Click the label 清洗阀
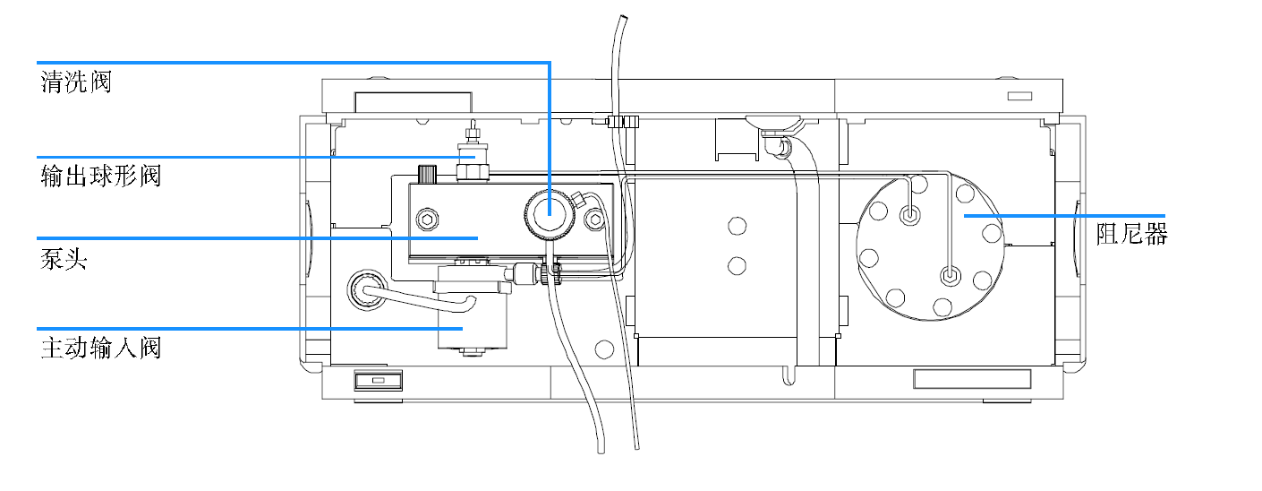(76, 83)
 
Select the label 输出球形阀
(100, 175)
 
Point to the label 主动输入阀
(100, 348)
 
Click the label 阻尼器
(1131, 235)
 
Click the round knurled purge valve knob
(548, 215)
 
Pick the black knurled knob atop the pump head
(426, 172)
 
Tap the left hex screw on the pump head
(426, 219)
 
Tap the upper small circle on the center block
(737, 225)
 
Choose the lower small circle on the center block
(737, 264)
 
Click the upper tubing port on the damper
(910, 214)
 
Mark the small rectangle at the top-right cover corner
(1019, 96)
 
